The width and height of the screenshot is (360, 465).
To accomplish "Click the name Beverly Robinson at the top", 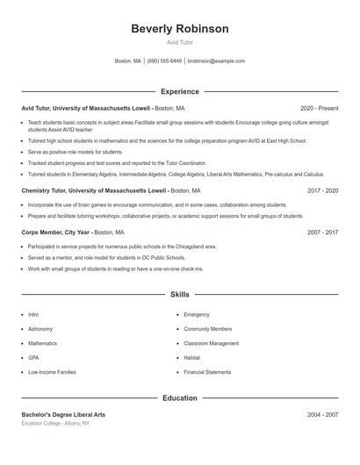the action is pos(179,29).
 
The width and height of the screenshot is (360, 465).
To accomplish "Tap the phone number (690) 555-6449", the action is pos(164,61).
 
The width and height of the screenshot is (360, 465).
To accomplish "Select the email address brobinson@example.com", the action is pos(217,61).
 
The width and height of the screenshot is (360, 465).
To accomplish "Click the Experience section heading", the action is pos(179,91).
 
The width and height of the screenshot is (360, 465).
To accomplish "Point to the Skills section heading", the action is pos(179,296).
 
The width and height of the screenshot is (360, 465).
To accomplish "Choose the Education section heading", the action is pos(179,398).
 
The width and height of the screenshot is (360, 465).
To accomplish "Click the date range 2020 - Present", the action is pos(319,108).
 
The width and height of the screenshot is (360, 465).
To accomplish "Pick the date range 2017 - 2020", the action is pos(322,190).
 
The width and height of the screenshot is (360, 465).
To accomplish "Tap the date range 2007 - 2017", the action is pos(322,232).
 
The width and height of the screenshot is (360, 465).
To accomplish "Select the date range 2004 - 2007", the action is pos(322,414).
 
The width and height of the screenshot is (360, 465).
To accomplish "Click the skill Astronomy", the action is pos(40,329).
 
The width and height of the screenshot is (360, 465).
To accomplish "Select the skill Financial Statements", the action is pos(207,372).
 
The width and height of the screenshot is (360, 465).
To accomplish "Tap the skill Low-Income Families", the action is pos(52,372).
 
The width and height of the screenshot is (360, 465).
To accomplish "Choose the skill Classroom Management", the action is pos(211,343).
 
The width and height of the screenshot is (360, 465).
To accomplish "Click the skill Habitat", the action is pos(192,358).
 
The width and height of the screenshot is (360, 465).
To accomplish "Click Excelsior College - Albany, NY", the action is pos(55,423).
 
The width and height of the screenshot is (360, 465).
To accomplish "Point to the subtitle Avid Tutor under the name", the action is pos(179,42).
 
